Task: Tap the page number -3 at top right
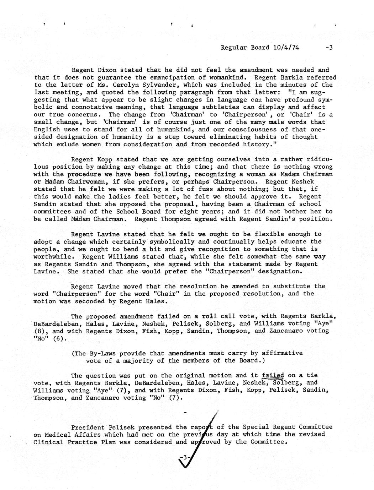click(x=328, y=47)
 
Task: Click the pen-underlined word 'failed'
click(x=273, y=375)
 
